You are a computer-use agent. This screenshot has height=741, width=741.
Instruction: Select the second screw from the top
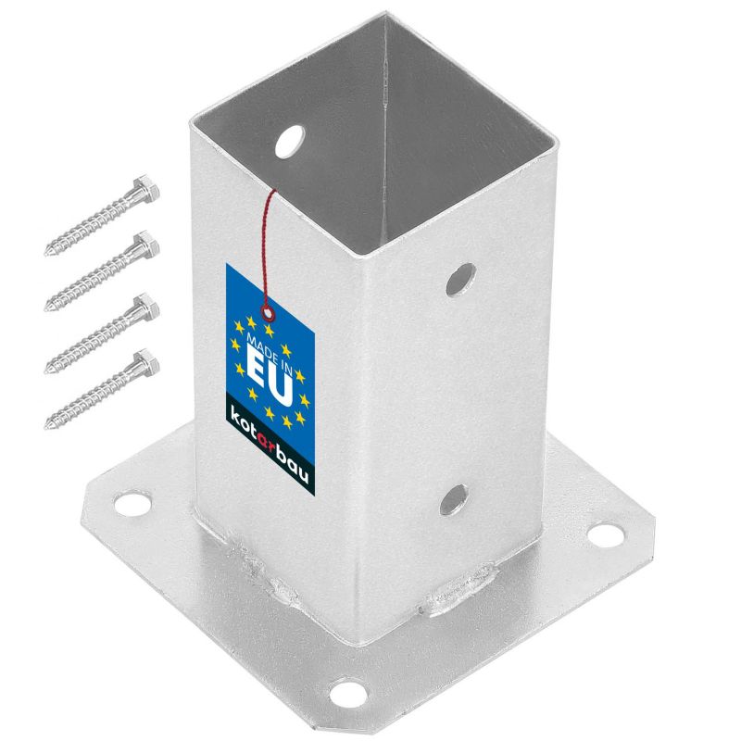pos(102,270)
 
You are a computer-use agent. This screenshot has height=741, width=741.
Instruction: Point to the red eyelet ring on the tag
pos(269,312)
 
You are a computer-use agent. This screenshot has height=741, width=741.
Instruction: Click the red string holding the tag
pos(268,245)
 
